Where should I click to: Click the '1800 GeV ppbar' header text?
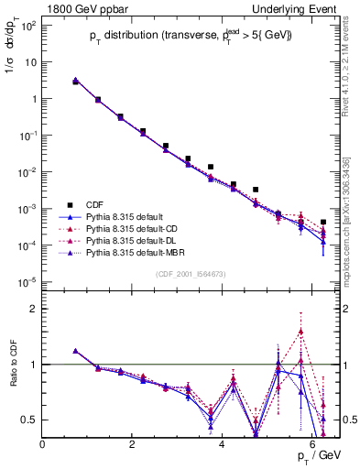[x=80, y=7]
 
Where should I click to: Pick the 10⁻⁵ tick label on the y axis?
[x=27, y=281]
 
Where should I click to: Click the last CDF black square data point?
[x=323, y=223]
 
